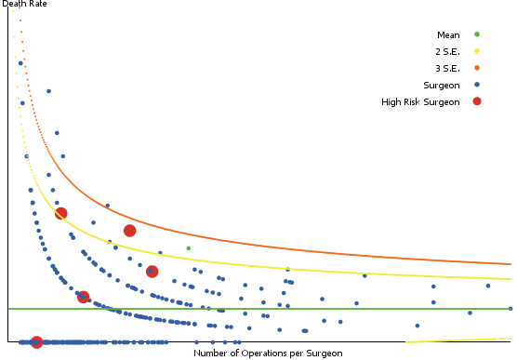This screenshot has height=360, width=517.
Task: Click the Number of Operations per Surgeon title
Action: coord(268,353)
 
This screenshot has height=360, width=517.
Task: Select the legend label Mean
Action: coord(448,34)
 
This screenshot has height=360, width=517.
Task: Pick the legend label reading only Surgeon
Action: coord(442,85)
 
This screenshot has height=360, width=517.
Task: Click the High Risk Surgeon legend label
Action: coord(420,101)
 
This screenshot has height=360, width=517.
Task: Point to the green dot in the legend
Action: coord(477,34)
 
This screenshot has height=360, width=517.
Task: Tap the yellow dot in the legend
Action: coord(477,51)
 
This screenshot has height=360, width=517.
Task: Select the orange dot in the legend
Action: coord(477,68)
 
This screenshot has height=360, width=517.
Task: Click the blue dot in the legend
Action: coord(477,85)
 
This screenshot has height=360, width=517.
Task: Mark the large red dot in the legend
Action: coord(477,101)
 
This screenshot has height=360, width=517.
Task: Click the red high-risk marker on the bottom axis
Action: coord(36,342)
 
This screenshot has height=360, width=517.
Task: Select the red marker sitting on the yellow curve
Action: coord(60,213)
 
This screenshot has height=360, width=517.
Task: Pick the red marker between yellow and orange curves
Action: coord(129,231)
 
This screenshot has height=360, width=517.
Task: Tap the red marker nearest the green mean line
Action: coord(83,297)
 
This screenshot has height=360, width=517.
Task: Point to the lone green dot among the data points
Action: coord(188,248)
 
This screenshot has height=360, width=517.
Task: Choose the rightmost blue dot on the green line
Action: coord(511,308)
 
